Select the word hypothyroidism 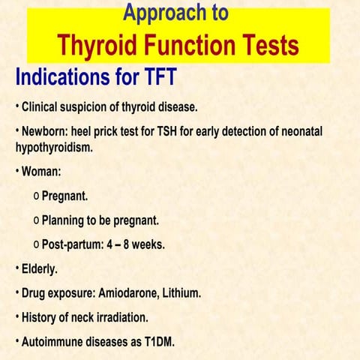click(49, 147)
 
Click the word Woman click(41, 171)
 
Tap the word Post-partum click(73, 244)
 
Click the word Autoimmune click(52, 342)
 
